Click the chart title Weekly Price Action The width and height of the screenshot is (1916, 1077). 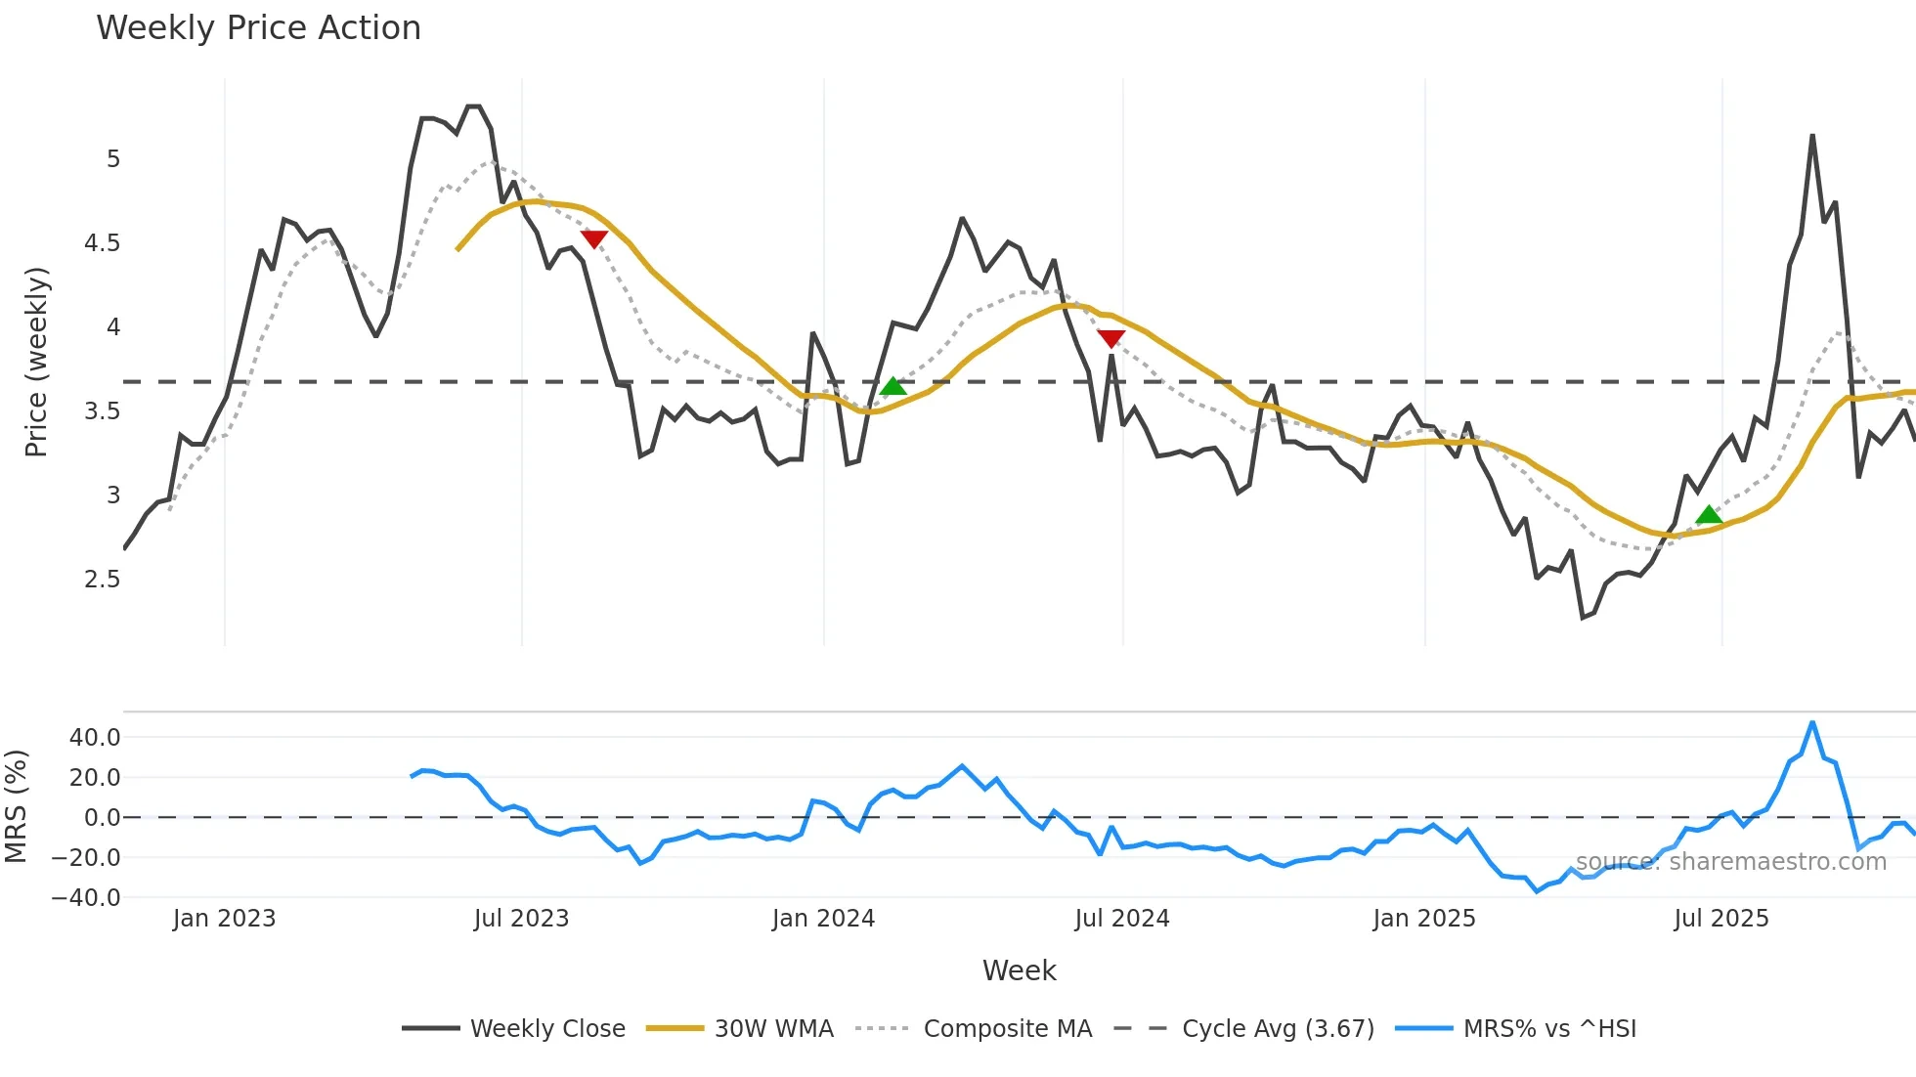point(258,28)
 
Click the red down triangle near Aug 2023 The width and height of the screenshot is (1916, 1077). point(593,238)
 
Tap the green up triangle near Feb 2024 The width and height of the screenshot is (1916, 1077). point(893,387)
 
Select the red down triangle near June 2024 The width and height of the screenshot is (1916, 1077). point(1110,338)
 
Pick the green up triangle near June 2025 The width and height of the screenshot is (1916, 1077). point(1708,515)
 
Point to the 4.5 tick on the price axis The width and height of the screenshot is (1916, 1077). point(102,243)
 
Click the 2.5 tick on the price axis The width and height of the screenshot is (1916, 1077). point(102,580)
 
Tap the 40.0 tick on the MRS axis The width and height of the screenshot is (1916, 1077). point(94,738)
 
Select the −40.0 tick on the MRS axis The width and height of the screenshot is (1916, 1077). point(86,898)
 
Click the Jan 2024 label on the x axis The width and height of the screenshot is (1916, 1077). point(823,919)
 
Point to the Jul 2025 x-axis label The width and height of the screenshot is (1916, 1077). point(1720,919)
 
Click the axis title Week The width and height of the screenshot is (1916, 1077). point(1019,970)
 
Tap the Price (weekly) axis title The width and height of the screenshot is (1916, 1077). point(36,362)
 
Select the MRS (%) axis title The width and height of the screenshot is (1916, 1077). point(16,806)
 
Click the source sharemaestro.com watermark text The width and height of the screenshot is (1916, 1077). point(1730,862)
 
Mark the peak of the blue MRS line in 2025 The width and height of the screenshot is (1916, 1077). point(1812,723)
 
